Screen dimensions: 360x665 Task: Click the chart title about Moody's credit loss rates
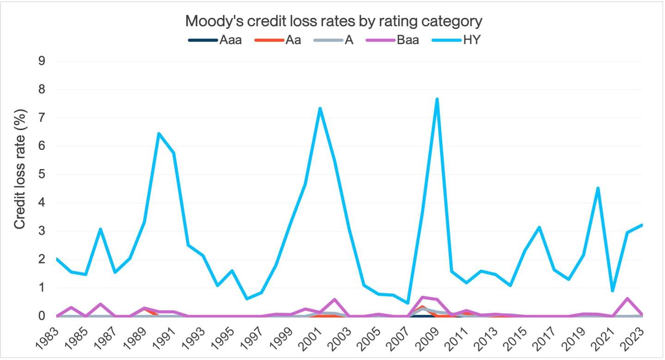click(x=333, y=21)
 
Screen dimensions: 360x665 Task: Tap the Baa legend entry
click(x=393, y=40)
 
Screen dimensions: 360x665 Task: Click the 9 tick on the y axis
click(x=42, y=61)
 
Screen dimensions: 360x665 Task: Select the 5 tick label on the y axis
click(x=42, y=175)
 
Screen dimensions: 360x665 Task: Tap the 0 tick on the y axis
click(x=42, y=316)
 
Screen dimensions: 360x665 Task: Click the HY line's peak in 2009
click(x=436, y=99)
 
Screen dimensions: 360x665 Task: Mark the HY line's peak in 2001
click(x=320, y=108)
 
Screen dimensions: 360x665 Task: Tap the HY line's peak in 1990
click(x=158, y=134)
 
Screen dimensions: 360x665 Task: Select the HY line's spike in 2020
click(x=598, y=188)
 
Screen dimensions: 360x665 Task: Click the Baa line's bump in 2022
click(x=627, y=298)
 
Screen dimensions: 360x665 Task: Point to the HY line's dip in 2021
click(x=612, y=291)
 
